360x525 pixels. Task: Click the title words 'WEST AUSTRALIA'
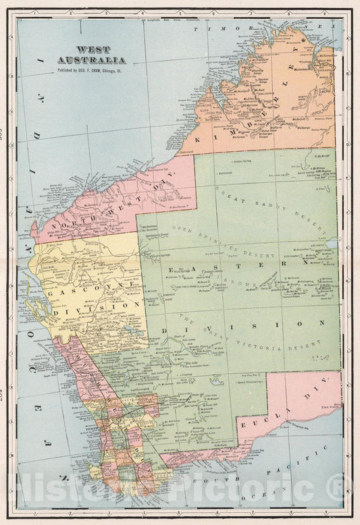pos(101,54)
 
